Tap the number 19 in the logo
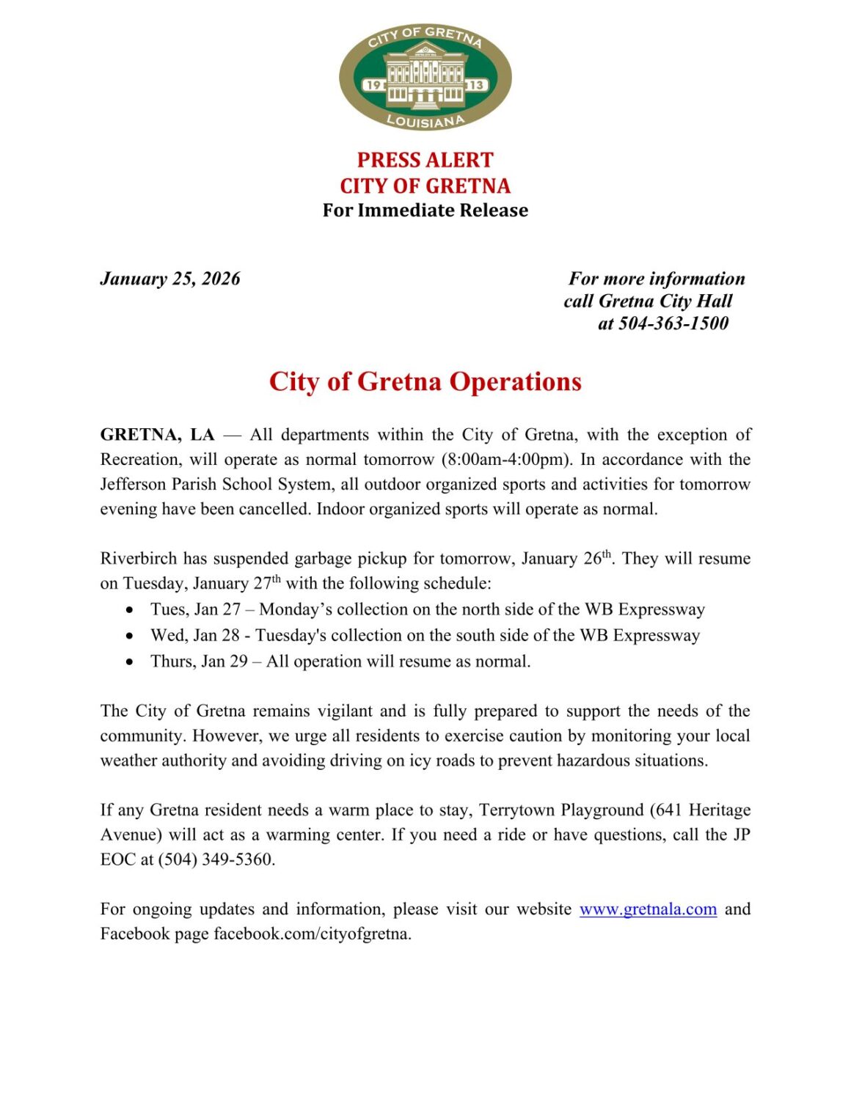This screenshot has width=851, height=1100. point(373,84)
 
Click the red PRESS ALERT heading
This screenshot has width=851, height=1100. point(425,160)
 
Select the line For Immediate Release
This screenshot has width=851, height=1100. point(425,210)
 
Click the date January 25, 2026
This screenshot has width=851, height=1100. point(170,279)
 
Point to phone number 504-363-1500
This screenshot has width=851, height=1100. point(673,323)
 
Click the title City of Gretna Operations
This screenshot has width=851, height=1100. point(425,382)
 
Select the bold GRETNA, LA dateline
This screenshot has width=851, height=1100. point(157,435)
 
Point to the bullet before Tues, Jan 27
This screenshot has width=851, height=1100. point(130,610)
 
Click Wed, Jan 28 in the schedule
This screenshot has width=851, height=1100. point(195,636)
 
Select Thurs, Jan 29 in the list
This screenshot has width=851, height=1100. point(199,661)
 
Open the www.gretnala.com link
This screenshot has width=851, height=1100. point(648,909)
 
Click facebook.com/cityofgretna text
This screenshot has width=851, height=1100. point(312,934)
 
